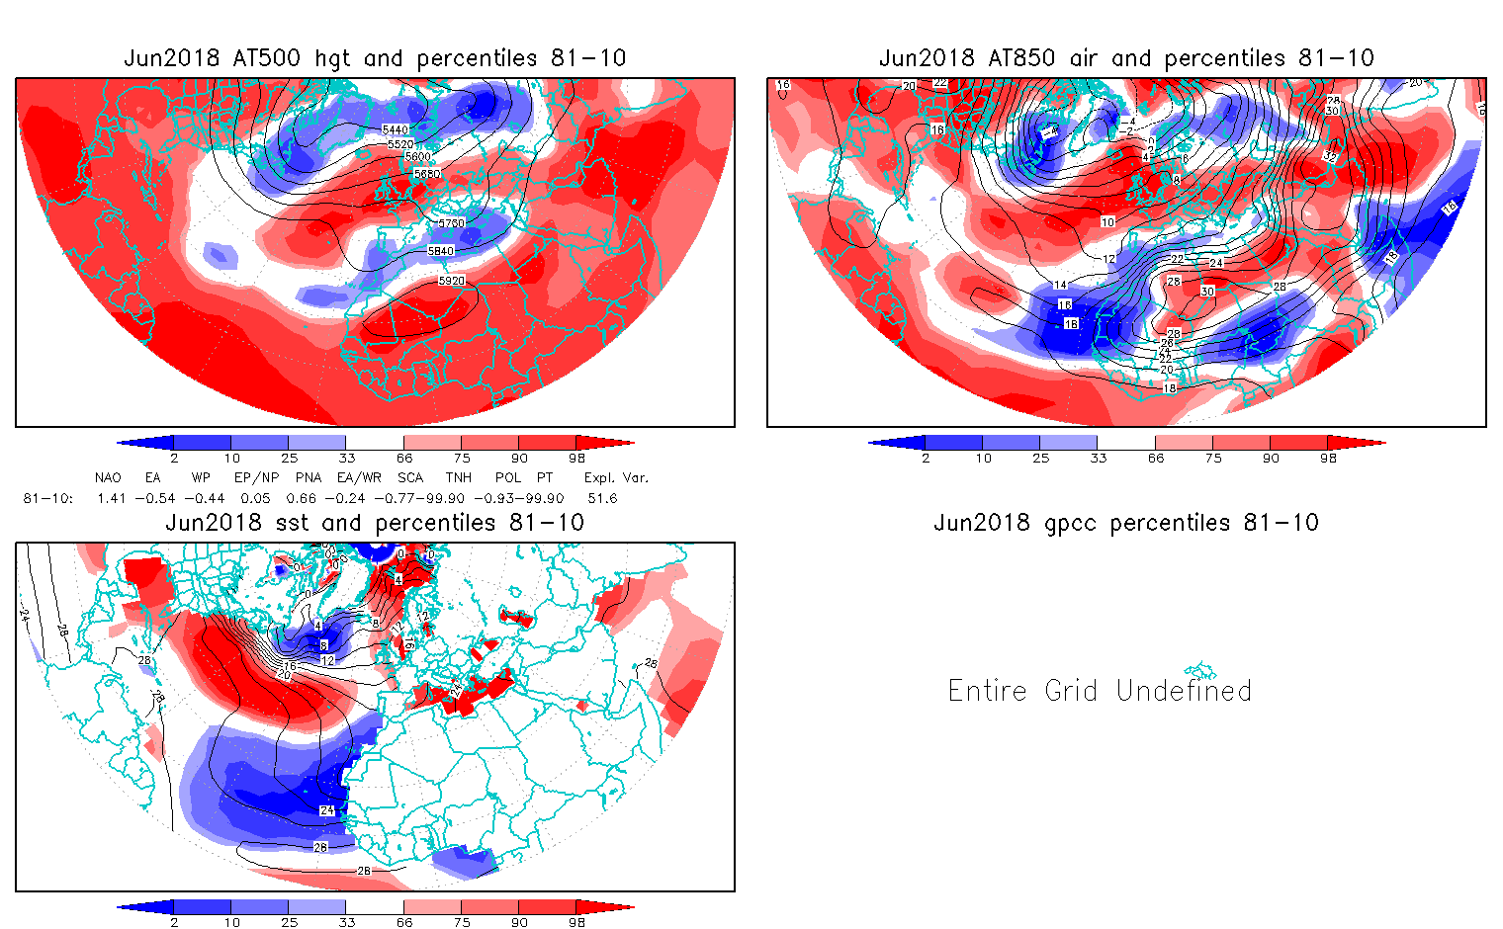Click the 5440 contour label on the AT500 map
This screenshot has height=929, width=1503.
[x=395, y=129]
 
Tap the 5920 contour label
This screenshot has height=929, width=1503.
[x=451, y=281]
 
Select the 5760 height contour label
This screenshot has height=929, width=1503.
[x=451, y=224]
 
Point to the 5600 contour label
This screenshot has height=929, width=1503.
[x=416, y=157]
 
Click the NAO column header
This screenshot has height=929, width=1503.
[x=108, y=477]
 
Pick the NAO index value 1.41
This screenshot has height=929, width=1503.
[x=112, y=498]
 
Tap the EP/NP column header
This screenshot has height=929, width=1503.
[x=255, y=477]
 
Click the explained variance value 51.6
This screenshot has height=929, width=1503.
[x=601, y=498]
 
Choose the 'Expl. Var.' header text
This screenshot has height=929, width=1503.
[x=616, y=477]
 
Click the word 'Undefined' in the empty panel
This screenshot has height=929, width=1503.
[x=1184, y=690]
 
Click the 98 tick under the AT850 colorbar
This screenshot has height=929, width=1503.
[x=1328, y=458]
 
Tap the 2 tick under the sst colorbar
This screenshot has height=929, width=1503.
[x=174, y=922]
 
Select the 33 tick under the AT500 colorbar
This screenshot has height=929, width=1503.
[x=346, y=458]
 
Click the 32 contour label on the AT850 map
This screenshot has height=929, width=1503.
[x=1329, y=156]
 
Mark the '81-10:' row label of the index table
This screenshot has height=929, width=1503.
[x=47, y=498]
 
